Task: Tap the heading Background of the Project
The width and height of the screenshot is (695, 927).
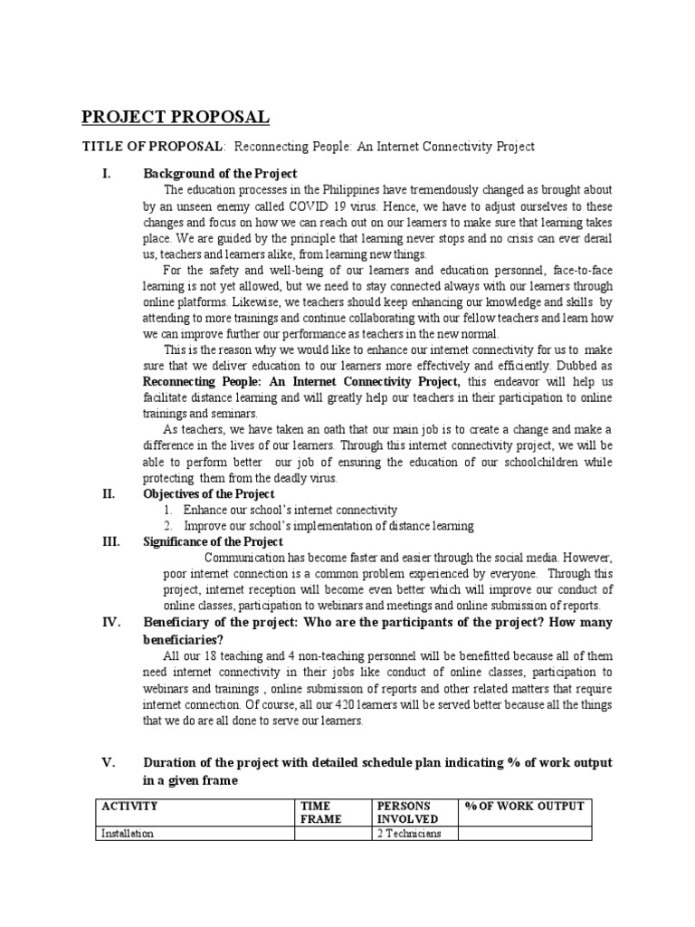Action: click(x=220, y=174)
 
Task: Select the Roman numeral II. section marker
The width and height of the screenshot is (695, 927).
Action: click(x=108, y=494)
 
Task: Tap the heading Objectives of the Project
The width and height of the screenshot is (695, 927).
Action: click(x=209, y=494)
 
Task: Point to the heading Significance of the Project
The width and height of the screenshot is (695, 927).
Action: click(x=213, y=542)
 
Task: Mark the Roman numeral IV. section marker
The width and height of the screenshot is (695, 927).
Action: click(x=109, y=622)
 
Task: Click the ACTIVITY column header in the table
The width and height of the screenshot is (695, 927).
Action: click(x=130, y=807)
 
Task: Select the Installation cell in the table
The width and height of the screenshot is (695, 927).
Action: click(x=127, y=834)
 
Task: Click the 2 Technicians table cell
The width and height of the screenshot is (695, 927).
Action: click(x=408, y=834)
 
